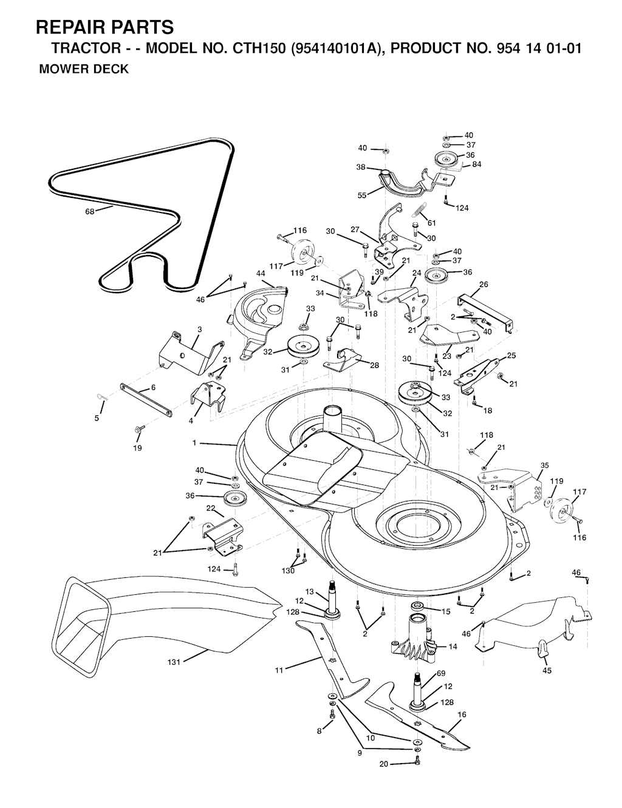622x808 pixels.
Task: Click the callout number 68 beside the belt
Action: click(90, 212)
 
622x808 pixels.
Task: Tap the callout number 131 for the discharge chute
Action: click(174, 662)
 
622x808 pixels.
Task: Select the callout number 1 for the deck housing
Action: click(194, 443)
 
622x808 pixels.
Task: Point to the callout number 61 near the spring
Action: click(431, 223)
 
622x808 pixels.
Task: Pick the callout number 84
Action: click(477, 164)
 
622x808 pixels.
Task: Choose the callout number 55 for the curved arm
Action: click(362, 195)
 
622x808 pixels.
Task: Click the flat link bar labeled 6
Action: click(146, 399)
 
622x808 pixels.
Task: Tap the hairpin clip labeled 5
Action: click(101, 397)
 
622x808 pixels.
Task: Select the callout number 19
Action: click(137, 448)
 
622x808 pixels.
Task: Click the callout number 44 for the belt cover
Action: click(261, 274)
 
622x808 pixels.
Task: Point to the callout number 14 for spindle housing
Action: click(453, 647)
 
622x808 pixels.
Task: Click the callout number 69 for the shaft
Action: click(441, 673)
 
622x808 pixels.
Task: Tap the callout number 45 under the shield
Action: click(547, 671)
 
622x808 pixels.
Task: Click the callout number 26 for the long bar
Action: click(484, 285)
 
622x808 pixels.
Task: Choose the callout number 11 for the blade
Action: click(279, 670)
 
